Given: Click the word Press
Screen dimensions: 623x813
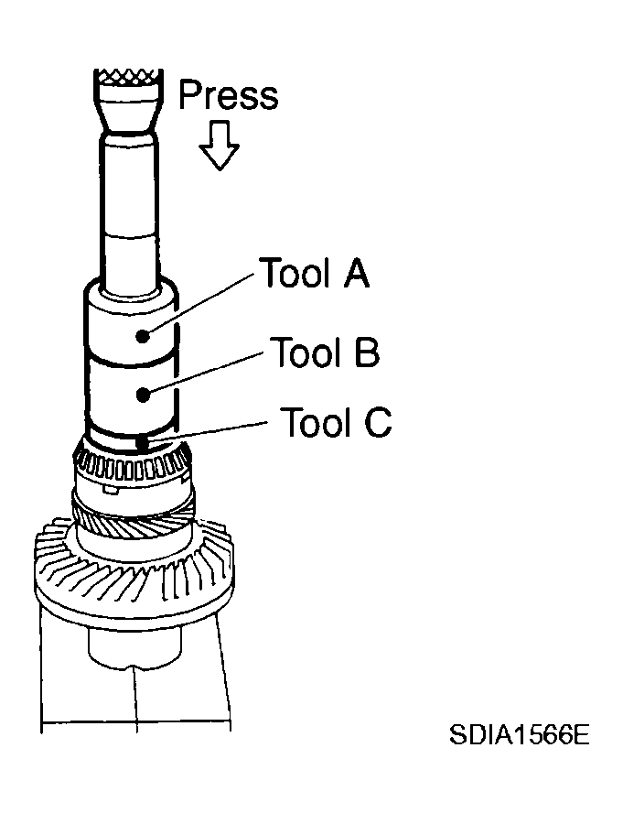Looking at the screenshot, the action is coord(228,94).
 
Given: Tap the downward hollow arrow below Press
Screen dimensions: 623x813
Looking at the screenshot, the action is coord(220,146).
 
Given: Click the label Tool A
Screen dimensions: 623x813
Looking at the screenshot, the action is coord(315,272).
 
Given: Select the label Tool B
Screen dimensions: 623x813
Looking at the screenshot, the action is coord(325,352).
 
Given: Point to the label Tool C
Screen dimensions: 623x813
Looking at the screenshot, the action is coord(336,422).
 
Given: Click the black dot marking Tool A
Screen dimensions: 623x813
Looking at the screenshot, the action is coord(143,336).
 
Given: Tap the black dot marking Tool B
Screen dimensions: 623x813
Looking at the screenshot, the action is coord(143,395).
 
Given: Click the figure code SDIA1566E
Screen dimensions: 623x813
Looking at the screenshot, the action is coord(520,734).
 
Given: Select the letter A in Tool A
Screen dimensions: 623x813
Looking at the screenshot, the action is coord(356,272).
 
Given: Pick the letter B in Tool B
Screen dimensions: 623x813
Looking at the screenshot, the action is coord(367,352).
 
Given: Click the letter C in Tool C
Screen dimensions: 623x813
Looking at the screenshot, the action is coord(378,422).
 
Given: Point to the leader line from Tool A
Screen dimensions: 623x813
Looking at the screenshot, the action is coord(199,305).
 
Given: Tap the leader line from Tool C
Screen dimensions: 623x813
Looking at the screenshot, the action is coord(204,432).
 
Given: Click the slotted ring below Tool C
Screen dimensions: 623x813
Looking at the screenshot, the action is coord(132,464).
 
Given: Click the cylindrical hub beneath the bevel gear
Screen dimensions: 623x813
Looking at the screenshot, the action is coord(134,645).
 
